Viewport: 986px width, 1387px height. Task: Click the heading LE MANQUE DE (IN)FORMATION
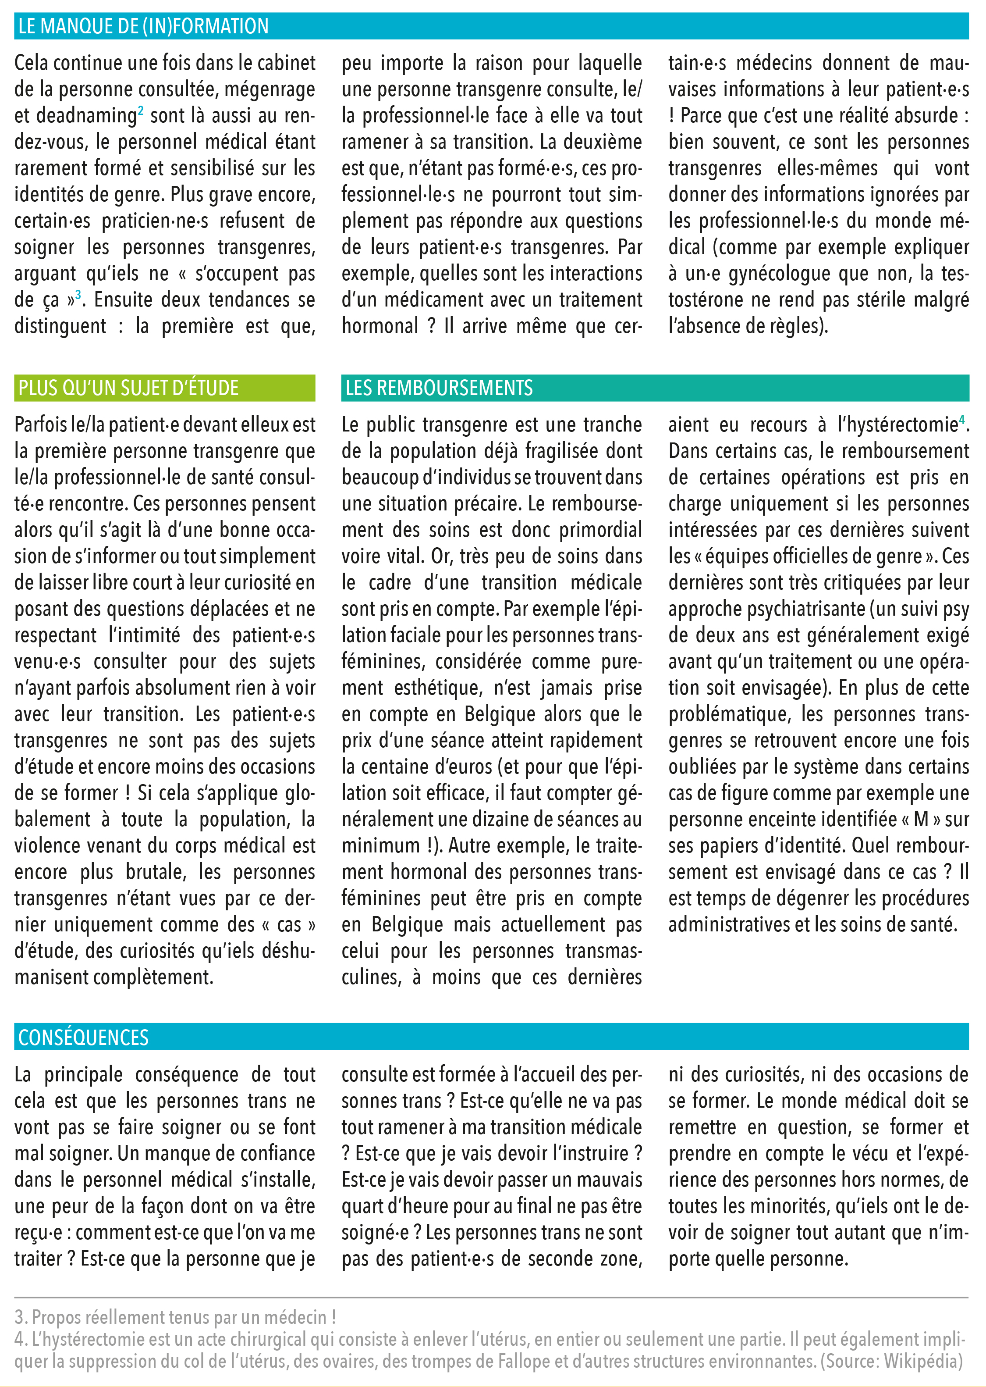(143, 27)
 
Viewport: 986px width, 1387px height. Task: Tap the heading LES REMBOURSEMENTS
(439, 388)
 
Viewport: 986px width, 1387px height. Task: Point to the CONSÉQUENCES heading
(83, 1038)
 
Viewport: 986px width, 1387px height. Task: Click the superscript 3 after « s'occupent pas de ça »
(78, 295)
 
